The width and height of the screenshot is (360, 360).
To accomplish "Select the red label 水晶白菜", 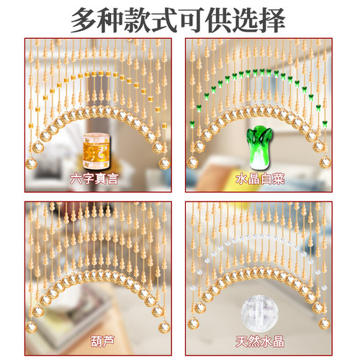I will [x=260, y=179].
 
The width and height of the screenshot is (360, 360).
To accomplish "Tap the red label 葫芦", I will [x=91, y=340].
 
